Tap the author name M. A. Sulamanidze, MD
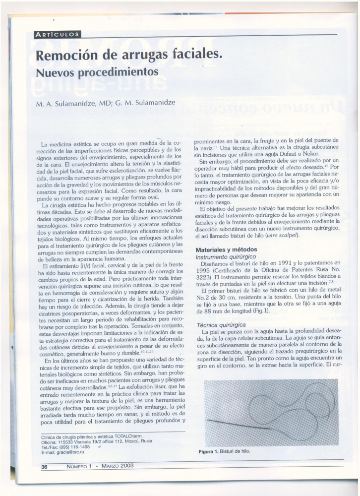[73, 104]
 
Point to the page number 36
[44, 466]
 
